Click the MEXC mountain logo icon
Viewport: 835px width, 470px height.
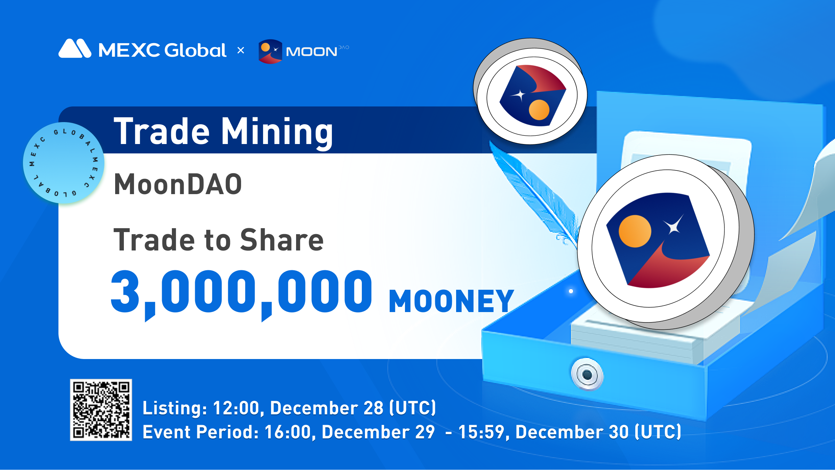point(75,48)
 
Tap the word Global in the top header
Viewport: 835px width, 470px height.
point(195,50)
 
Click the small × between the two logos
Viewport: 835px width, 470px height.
point(240,50)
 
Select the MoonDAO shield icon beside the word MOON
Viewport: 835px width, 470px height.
point(270,51)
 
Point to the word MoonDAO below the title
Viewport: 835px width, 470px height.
point(178,184)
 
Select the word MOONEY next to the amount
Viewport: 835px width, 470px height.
point(451,301)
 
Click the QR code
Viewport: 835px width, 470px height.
point(101,410)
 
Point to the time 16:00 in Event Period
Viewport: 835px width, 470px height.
point(288,432)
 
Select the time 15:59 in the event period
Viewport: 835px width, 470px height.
point(482,432)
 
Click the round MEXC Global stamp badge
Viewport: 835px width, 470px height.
point(64,163)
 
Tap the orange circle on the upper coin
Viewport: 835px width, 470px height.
point(539,110)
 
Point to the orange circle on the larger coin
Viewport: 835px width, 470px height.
point(635,231)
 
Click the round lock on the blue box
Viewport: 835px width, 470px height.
point(587,375)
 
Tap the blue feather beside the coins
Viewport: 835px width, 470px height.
point(534,195)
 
